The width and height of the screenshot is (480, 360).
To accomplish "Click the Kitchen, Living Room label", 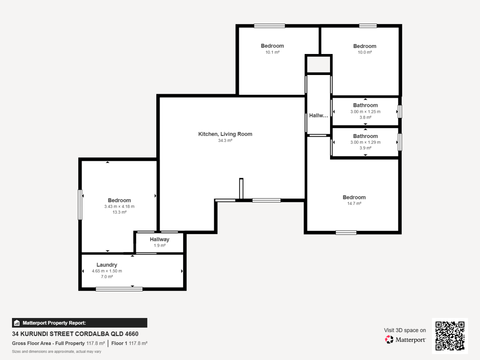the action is [225, 134].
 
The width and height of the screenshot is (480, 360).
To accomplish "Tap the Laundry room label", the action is [107, 265].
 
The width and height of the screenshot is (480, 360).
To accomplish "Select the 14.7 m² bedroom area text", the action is [354, 204].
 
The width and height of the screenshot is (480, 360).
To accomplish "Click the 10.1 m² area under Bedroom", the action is [272, 52].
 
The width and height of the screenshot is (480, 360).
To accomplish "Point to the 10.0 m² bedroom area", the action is [364, 52].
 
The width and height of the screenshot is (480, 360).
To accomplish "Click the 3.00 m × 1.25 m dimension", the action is [365, 112].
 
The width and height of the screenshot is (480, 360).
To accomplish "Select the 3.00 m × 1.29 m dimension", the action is [365, 142].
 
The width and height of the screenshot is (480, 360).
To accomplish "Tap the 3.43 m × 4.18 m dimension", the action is [119, 207].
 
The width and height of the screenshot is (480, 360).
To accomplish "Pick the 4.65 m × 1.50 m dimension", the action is [107, 271].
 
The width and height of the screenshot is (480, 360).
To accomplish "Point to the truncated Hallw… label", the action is [318, 115].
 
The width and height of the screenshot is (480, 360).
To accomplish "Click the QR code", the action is [450, 336].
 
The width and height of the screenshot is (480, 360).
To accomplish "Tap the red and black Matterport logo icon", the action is [389, 339].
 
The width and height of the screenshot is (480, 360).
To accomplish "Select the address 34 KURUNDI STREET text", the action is [75, 334].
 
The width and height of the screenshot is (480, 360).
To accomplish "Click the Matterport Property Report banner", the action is [79, 323].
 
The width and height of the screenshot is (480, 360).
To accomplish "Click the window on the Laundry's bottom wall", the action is [119, 289].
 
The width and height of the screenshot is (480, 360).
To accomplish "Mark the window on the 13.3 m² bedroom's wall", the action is [80, 205].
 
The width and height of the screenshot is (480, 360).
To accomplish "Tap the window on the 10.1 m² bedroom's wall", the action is [269, 26].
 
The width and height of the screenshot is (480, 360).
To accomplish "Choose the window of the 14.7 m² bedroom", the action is [346, 233].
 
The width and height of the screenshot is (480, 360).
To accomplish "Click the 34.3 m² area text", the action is [225, 141].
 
